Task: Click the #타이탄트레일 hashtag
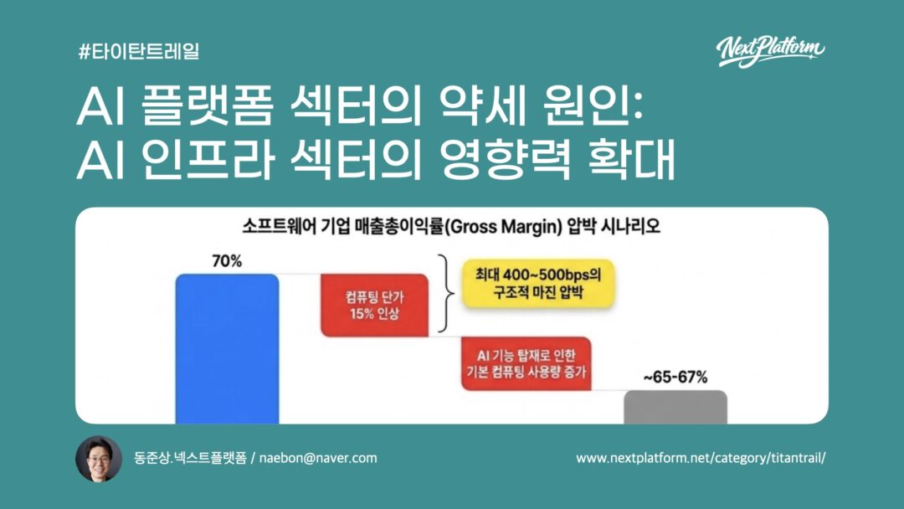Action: pos(139,51)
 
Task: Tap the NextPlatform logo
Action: pos(770,52)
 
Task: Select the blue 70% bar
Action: pos(227,349)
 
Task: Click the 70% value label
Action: pos(227,261)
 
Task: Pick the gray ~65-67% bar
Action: pos(675,407)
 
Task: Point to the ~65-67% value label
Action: pos(675,377)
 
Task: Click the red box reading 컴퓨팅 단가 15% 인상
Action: pos(375,306)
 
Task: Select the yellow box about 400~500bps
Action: pos(538,284)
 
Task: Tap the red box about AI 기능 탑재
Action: pos(526,363)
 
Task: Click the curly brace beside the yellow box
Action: pos(445,293)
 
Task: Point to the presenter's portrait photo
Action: pos(99,458)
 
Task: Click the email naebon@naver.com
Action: pos(318,458)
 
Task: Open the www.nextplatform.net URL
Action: pos(701,458)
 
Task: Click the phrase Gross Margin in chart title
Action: pos(503,227)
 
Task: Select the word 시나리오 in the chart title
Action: pos(630,226)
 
